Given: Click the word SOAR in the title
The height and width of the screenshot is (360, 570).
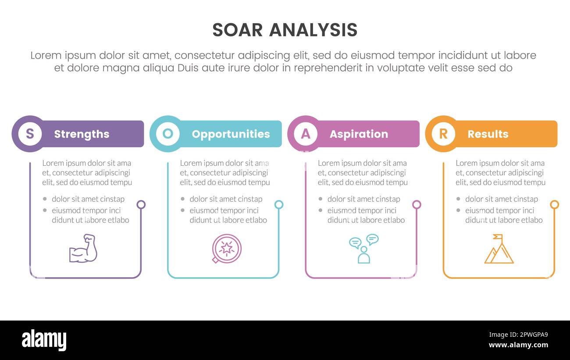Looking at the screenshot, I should pos(237,30).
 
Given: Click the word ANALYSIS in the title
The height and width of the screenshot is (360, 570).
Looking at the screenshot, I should pos(313,30).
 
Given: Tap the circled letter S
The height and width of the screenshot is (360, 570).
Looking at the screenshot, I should pos(30,134).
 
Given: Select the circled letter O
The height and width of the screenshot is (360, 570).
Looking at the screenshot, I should pos(167,134).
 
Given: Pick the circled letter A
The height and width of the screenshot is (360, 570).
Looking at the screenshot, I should pos(306,134).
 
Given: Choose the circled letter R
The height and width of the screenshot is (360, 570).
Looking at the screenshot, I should pos(443,134).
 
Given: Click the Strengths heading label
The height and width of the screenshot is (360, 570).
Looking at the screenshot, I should pos(82,134).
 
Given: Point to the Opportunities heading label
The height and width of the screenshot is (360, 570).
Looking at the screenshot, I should pos(231,134).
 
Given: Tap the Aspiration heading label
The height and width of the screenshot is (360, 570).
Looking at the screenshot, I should pos(359,134).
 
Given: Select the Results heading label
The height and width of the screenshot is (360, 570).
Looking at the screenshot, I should pos(488,134).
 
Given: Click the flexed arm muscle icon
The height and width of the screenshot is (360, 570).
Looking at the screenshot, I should pos(83,249).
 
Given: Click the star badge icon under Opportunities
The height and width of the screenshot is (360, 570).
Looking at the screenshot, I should pos(227,249).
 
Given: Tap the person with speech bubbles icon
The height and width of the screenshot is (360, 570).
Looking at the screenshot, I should pos(363,249).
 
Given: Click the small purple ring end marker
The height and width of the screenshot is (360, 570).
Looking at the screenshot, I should pos(141,204).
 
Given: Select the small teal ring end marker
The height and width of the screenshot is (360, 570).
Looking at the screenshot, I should pos(279,204).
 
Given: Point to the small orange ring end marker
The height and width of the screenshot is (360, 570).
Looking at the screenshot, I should pos(554,204).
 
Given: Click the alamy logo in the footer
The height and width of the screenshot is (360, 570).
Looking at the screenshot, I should pos(44,340).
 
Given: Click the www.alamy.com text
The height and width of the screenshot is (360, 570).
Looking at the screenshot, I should pos(518,345).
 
